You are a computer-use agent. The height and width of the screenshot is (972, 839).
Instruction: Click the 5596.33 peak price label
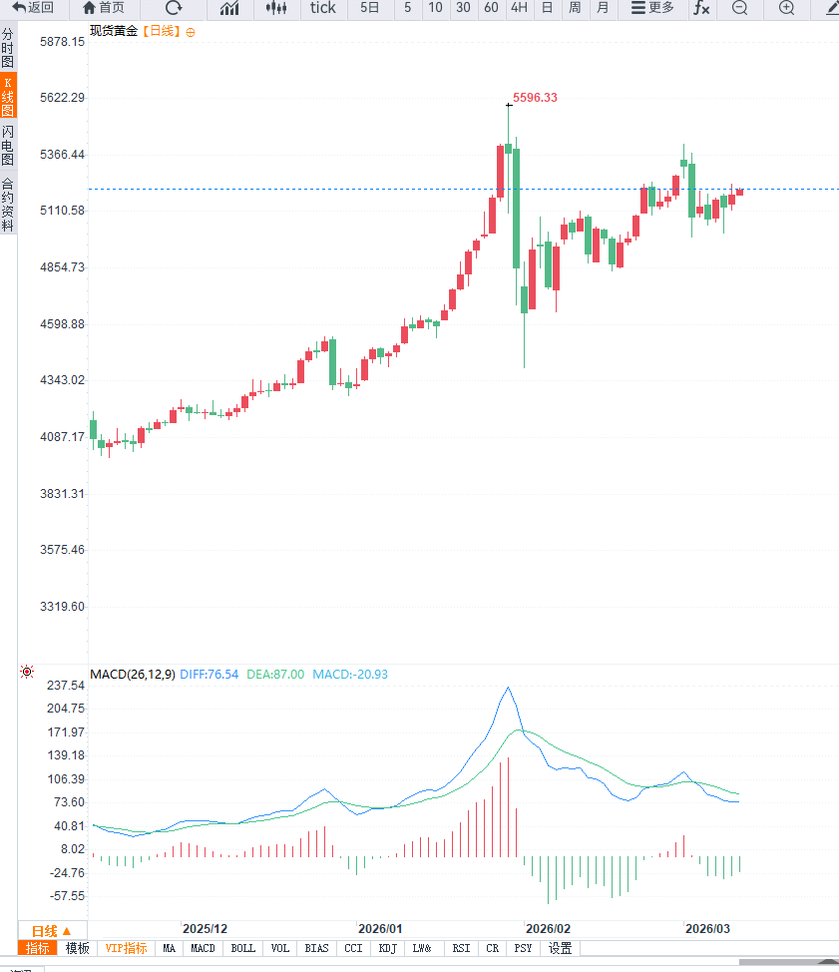coord(535,98)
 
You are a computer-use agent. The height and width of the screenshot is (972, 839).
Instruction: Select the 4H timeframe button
coord(519,8)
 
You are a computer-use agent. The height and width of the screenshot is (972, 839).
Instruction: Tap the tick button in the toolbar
coord(323,8)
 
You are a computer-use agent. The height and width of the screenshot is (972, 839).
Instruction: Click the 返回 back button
coord(34,8)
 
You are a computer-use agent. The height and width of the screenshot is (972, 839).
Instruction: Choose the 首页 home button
coord(104,8)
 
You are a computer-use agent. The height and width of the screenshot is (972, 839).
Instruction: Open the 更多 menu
coord(652,8)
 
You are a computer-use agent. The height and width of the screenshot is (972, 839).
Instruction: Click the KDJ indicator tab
coord(388,948)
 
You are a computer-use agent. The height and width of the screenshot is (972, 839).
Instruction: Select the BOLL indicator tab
coord(242,948)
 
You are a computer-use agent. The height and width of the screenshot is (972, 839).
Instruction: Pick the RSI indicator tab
coord(461,948)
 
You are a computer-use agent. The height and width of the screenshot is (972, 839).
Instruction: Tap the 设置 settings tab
coord(561,948)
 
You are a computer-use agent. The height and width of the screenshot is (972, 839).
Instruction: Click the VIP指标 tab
coord(127,948)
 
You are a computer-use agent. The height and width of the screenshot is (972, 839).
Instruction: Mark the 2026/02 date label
coord(549,928)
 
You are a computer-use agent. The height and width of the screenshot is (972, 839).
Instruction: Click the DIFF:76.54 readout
coord(210,675)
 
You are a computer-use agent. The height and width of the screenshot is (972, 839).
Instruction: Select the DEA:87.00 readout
coord(275,675)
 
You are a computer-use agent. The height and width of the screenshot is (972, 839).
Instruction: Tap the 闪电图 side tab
coord(8,146)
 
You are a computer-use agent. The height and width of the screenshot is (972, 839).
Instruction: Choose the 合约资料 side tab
coord(8,205)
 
